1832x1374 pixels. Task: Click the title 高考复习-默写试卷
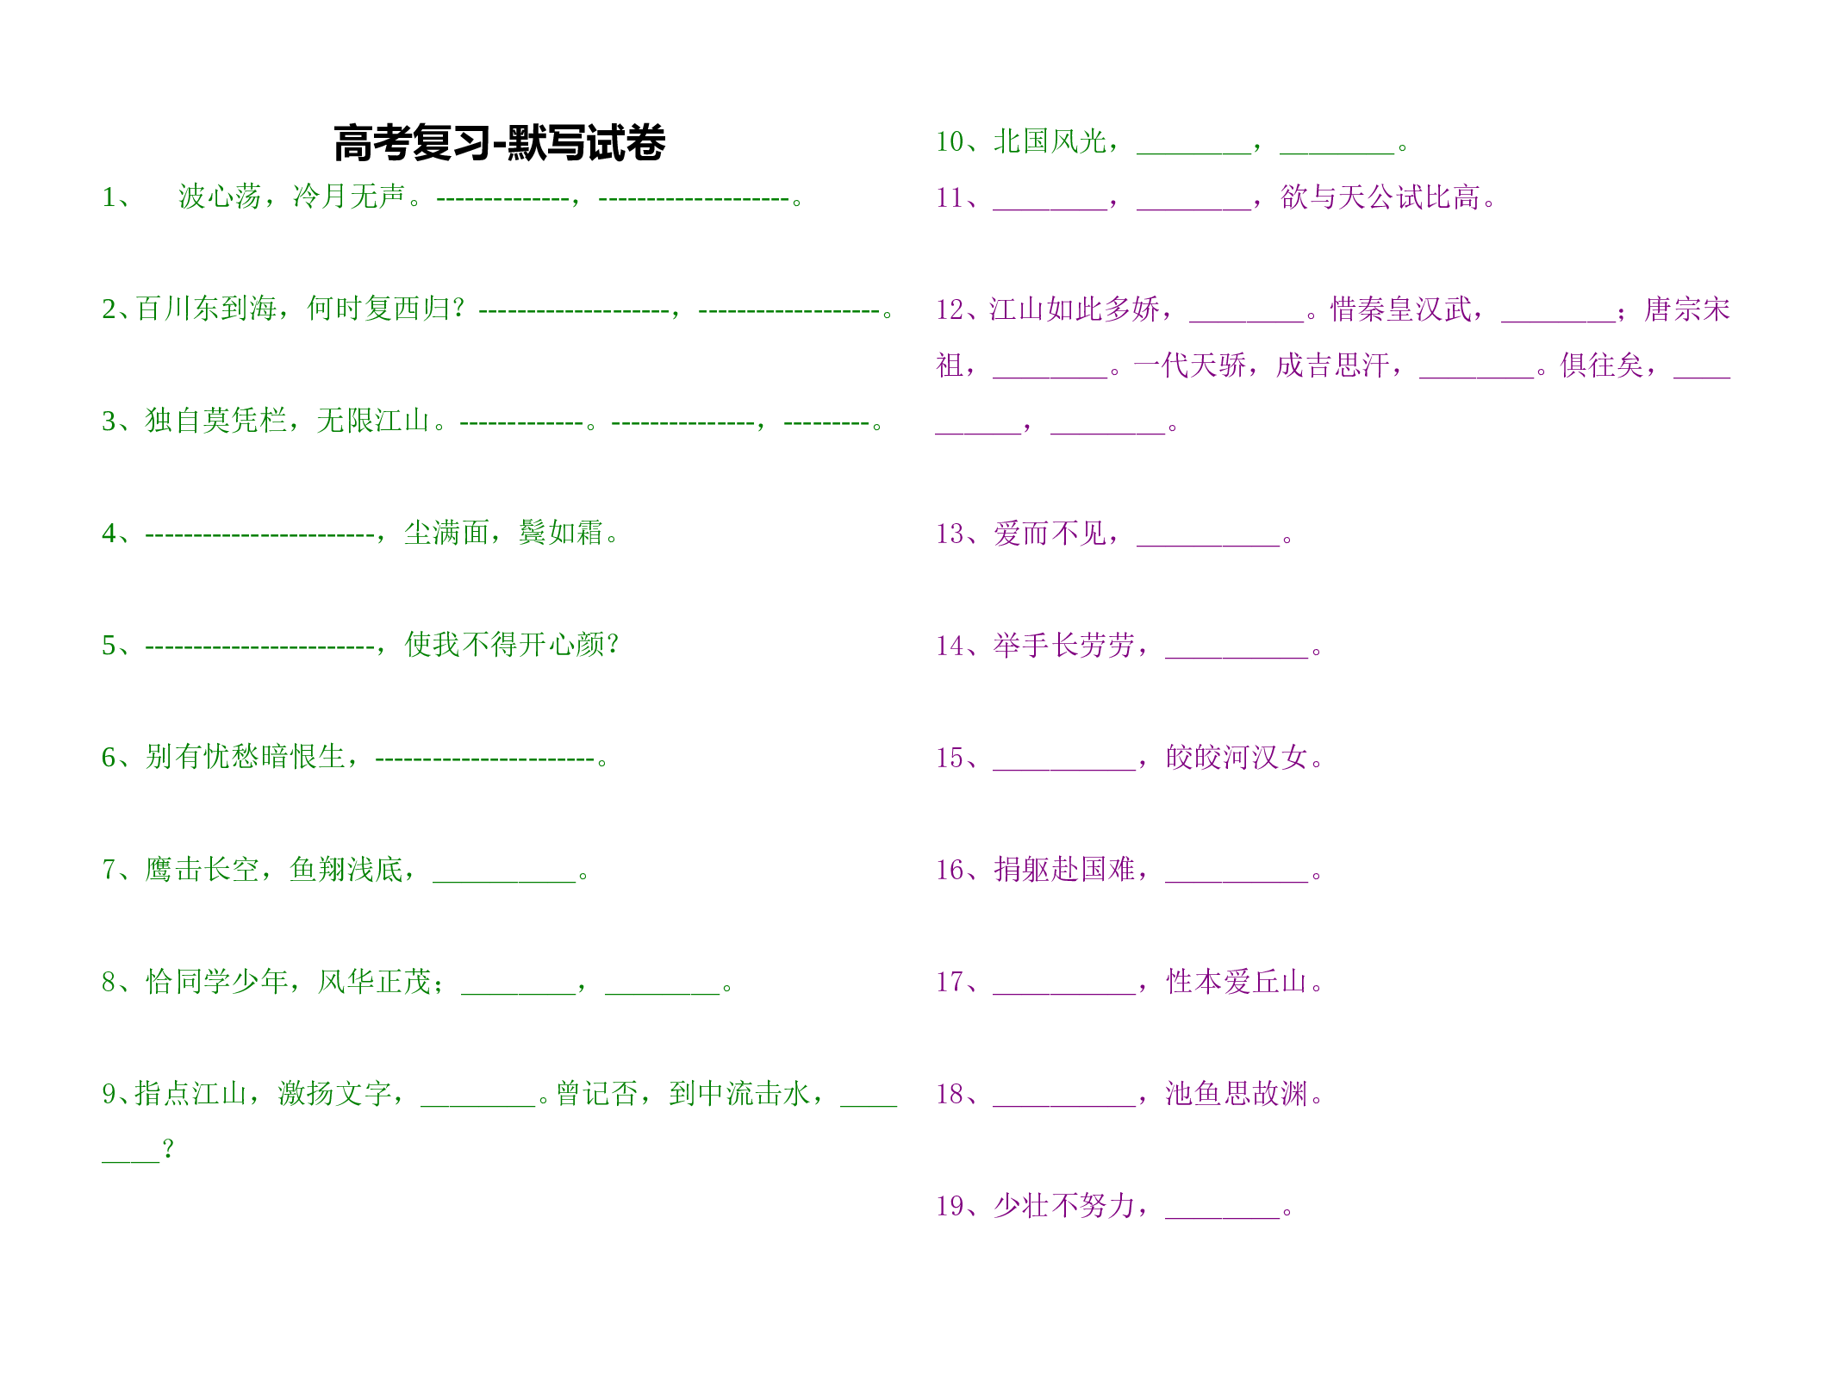(x=500, y=143)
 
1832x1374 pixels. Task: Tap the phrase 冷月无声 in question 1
(x=349, y=197)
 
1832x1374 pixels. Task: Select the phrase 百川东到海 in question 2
(x=206, y=309)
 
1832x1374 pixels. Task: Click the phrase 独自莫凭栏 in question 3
(x=215, y=421)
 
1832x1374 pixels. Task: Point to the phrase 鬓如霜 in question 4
(x=561, y=533)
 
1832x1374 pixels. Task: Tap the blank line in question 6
(x=485, y=759)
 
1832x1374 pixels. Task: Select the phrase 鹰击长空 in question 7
(x=202, y=869)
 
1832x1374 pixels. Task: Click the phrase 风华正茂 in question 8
(x=374, y=981)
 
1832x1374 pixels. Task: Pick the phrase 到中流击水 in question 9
(x=739, y=1093)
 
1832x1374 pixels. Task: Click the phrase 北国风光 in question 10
(x=1050, y=141)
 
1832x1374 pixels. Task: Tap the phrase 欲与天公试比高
(x=1380, y=197)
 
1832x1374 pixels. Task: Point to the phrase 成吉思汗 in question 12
(x=1332, y=365)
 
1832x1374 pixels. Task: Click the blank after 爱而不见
(x=1208, y=545)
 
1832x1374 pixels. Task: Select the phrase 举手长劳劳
(x=1063, y=645)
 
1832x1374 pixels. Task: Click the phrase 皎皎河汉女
(x=1237, y=757)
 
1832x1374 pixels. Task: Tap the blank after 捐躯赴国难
(x=1237, y=881)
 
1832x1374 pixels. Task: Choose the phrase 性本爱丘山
(x=1237, y=981)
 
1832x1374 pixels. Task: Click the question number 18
(x=950, y=1094)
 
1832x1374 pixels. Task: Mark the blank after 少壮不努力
(x=1222, y=1217)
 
